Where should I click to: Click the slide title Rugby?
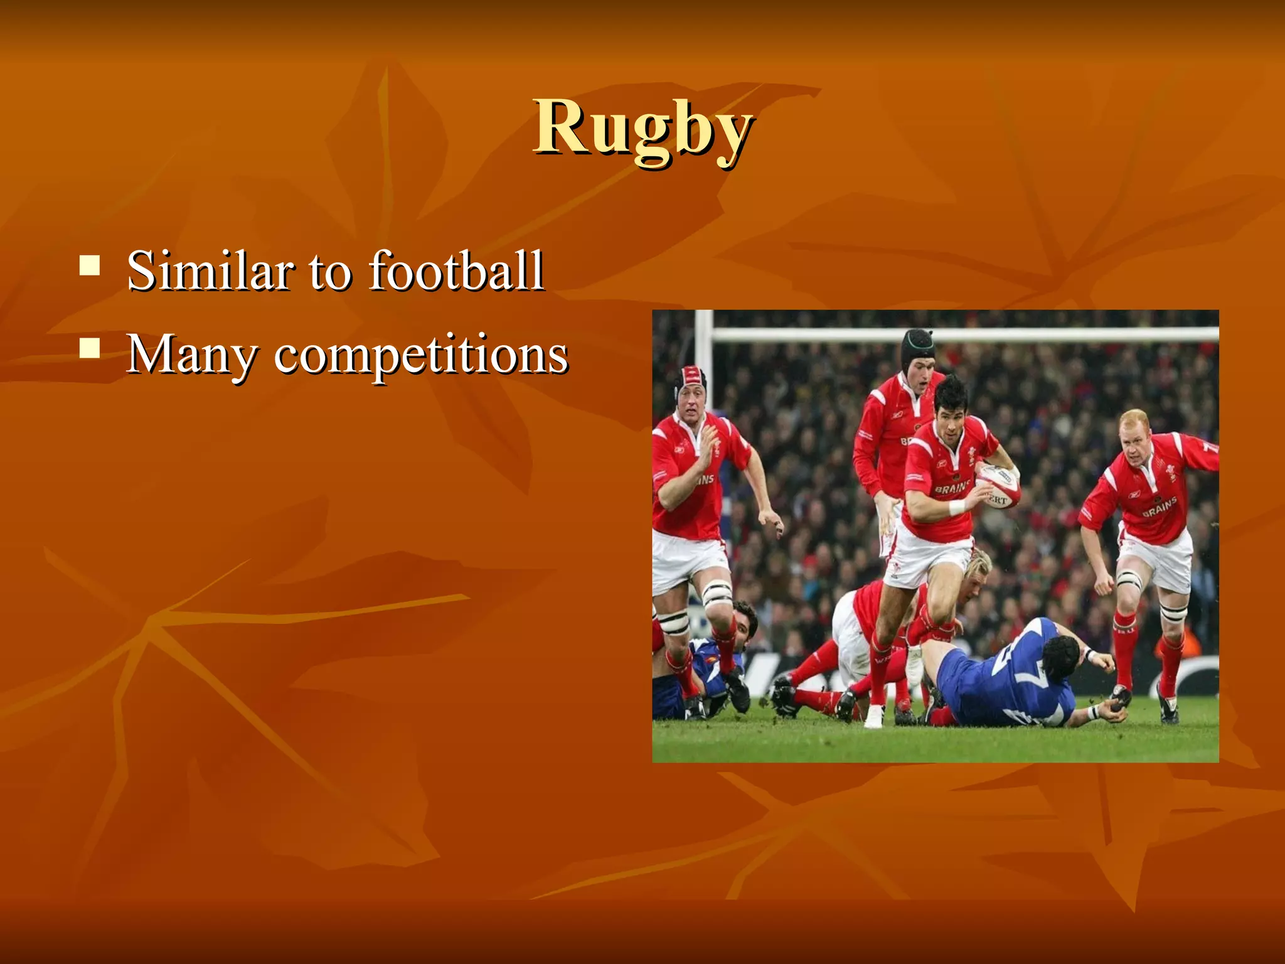tap(642, 129)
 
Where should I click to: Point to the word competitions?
tap(421, 355)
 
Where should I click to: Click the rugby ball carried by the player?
tap(997, 487)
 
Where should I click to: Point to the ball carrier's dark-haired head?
tap(951, 402)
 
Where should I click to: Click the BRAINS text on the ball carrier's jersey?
tap(951, 487)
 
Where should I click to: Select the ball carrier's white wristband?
tap(957, 507)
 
